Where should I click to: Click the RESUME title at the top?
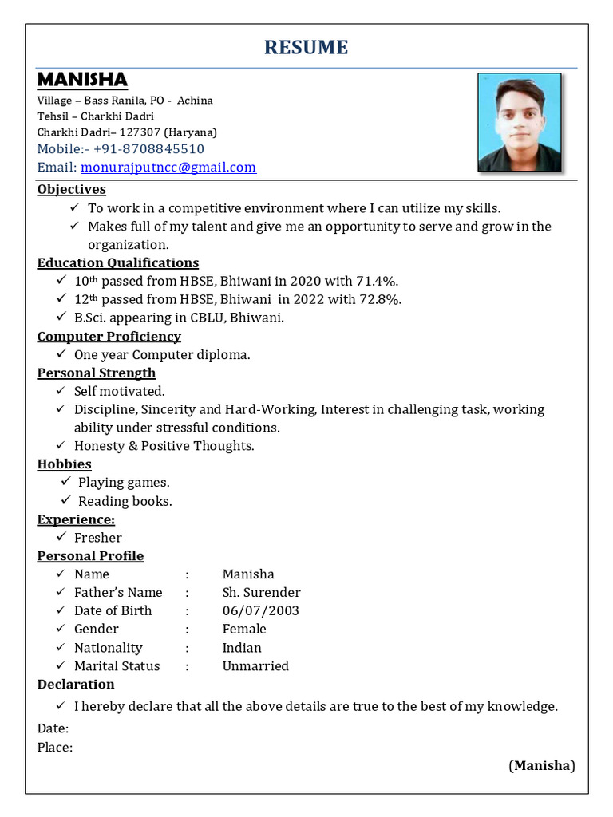pyautogui.click(x=306, y=48)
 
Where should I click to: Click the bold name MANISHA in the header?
pyautogui.click(x=82, y=80)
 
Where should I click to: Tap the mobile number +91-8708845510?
pyautogui.click(x=148, y=149)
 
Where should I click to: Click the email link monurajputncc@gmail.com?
pyautogui.click(x=168, y=168)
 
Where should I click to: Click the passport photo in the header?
pyautogui.click(x=520, y=122)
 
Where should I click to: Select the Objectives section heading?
pyautogui.click(x=72, y=190)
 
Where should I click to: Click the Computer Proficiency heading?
pyautogui.click(x=109, y=337)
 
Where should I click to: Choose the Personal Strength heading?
pyautogui.click(x=97, y=373)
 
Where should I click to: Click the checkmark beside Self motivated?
pyautogui.click(x=61, y=391)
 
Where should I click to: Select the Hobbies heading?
pyautogui.click(x=65, y=464)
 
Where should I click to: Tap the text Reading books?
pyautogui.click(x=125, y=502)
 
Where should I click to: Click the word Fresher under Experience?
pyautogui.click(x=98, y=538)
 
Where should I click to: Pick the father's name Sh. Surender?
pyautogui.click(x=261, y=593)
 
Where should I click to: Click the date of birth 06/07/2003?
pyautogui.click(x=260, y=611)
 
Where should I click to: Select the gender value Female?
pyautogui.click(x=244, y=630)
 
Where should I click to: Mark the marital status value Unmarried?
pyautogui.click(x=255, y=666)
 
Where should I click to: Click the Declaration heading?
pyautogui.click(x=76, y=685)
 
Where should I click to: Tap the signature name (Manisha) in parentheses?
pyautogui.click(x=542, y=766)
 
